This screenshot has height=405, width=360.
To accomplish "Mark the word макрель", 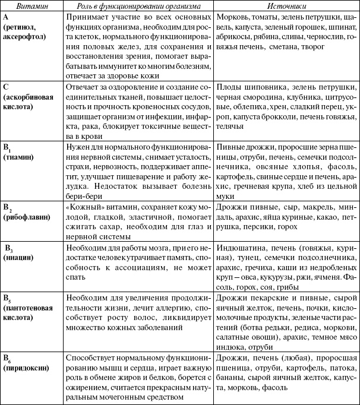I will (x=302, y=208).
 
